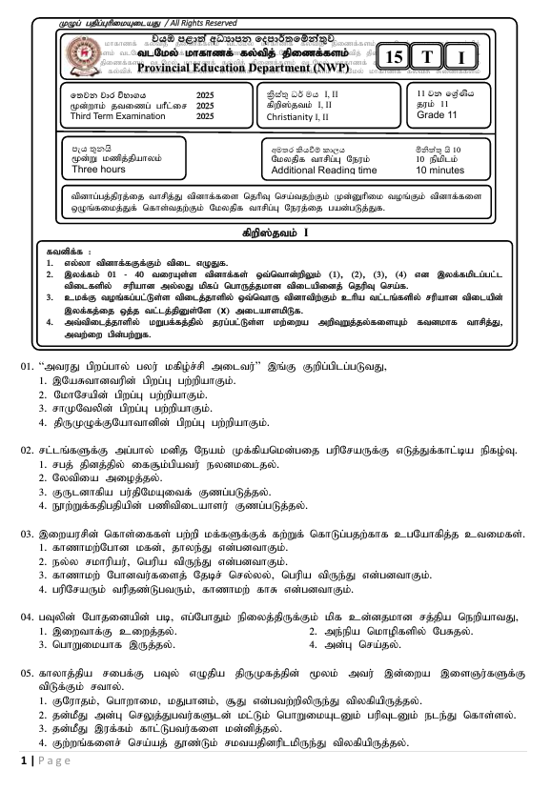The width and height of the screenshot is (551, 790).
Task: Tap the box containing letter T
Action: [428, 58]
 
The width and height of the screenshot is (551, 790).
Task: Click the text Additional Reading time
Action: [323, 170]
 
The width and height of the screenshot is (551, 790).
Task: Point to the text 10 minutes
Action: [439, 170]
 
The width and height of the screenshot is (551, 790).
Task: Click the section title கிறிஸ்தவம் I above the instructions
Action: [275, 233]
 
